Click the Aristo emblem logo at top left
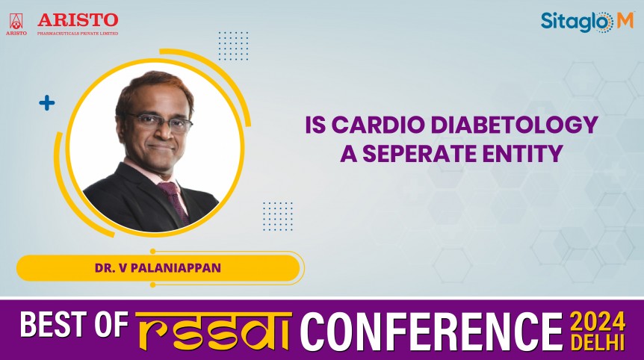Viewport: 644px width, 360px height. coord(16,22)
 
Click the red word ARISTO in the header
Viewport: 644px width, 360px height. coord(78,19)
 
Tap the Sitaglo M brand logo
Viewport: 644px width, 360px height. coord(586,22)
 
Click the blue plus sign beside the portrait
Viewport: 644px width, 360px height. coord(47,103)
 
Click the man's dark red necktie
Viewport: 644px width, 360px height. coord(173,200)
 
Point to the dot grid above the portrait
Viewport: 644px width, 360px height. coord(233,46)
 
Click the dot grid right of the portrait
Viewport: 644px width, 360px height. coord(277,216)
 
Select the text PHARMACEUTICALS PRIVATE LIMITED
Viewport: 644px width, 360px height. coord(78,33)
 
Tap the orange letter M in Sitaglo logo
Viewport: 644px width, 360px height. coord(625,22)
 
